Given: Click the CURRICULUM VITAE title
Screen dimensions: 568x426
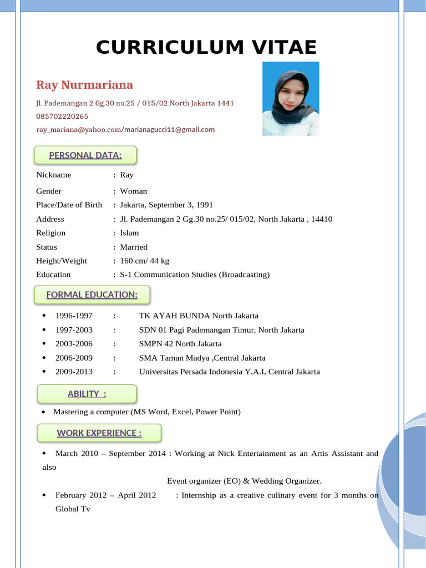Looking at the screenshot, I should tap(206, 48).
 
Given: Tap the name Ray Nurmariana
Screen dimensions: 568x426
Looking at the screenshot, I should tap(84, 85).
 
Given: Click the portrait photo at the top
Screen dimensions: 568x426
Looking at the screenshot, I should tap(291, 99).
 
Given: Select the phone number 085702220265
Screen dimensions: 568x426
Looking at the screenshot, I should tap(62, 116).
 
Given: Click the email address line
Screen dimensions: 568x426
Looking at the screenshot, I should tap(125, 130).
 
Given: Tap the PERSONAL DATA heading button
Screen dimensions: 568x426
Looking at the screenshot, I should tap(85, 155).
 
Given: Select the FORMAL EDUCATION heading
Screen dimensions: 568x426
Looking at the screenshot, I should tap(92, 295).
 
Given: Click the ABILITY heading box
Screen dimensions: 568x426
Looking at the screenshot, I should tap(87, 394).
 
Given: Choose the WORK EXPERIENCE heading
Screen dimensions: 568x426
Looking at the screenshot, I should tap(99, 433).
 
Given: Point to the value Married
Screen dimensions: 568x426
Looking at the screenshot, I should tap(134, 247).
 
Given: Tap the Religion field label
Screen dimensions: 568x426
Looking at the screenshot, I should tap(50, 233).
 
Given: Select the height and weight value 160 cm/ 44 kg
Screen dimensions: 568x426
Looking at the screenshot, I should tap(145, 261).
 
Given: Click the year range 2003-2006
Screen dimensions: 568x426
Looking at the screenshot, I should tap(74, 344).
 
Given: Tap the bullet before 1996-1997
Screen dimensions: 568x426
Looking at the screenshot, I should tap(44, 316).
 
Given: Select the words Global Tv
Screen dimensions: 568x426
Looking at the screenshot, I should tap(73, 509).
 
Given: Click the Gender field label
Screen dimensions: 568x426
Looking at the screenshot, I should tap(49, 191).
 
